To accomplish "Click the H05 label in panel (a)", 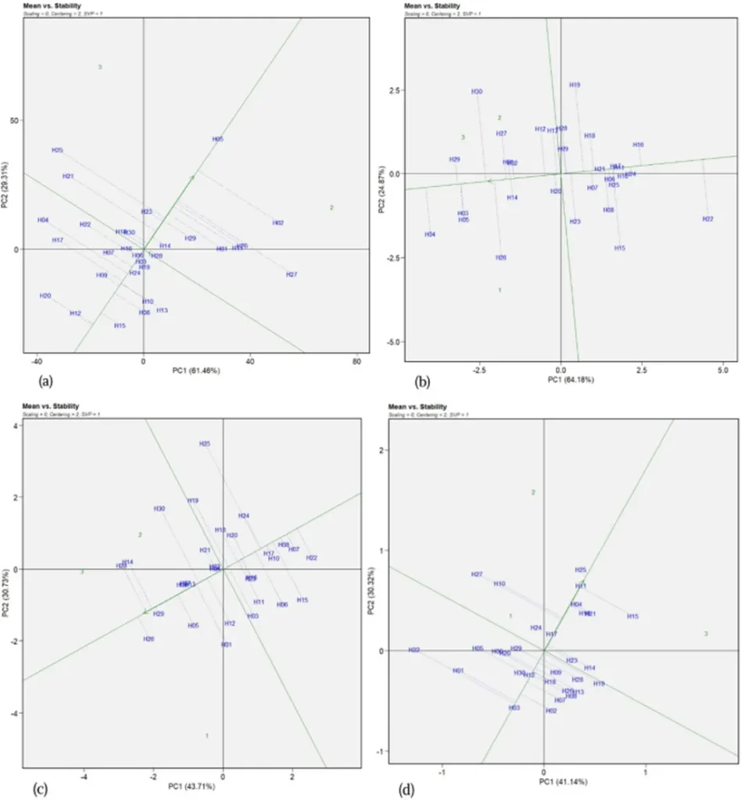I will (x=217, y=139).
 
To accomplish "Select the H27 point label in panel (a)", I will (x=292, y=274).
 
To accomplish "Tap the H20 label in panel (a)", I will (x=45, y=296).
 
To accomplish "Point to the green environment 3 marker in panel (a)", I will (x=100, y=67).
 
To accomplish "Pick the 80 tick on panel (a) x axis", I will (x=356, y=362).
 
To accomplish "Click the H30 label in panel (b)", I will (x=477, y=92).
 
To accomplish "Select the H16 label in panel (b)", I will (x=638, y=145).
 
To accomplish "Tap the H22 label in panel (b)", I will (x=707, y=219).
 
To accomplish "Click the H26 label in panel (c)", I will (x=149, y=639).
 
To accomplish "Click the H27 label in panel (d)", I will (x=477, y=574).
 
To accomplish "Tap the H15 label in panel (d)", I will (x=632, y=616).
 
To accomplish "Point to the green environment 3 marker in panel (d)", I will (x=706, y=634).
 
